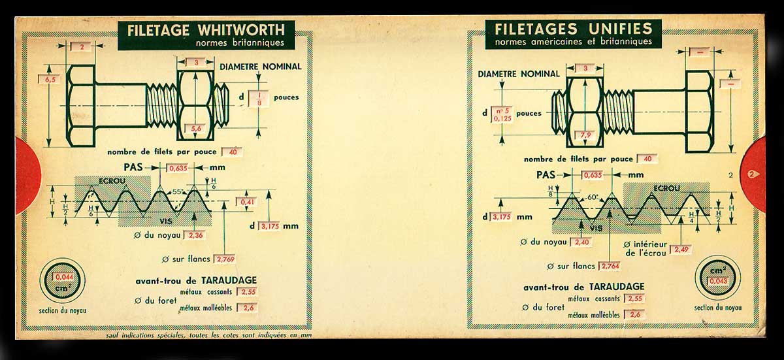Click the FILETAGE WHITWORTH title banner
(205, 35)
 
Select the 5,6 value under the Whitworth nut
(196, 129)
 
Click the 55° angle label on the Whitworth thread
(177, 193)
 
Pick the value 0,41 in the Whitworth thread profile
(248, 203)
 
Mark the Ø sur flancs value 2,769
(225, 259)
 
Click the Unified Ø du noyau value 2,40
(583, 242)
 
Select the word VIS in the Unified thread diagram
(595, 227)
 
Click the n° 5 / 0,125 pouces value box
(501, 114)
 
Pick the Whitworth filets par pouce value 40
(232, 152)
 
